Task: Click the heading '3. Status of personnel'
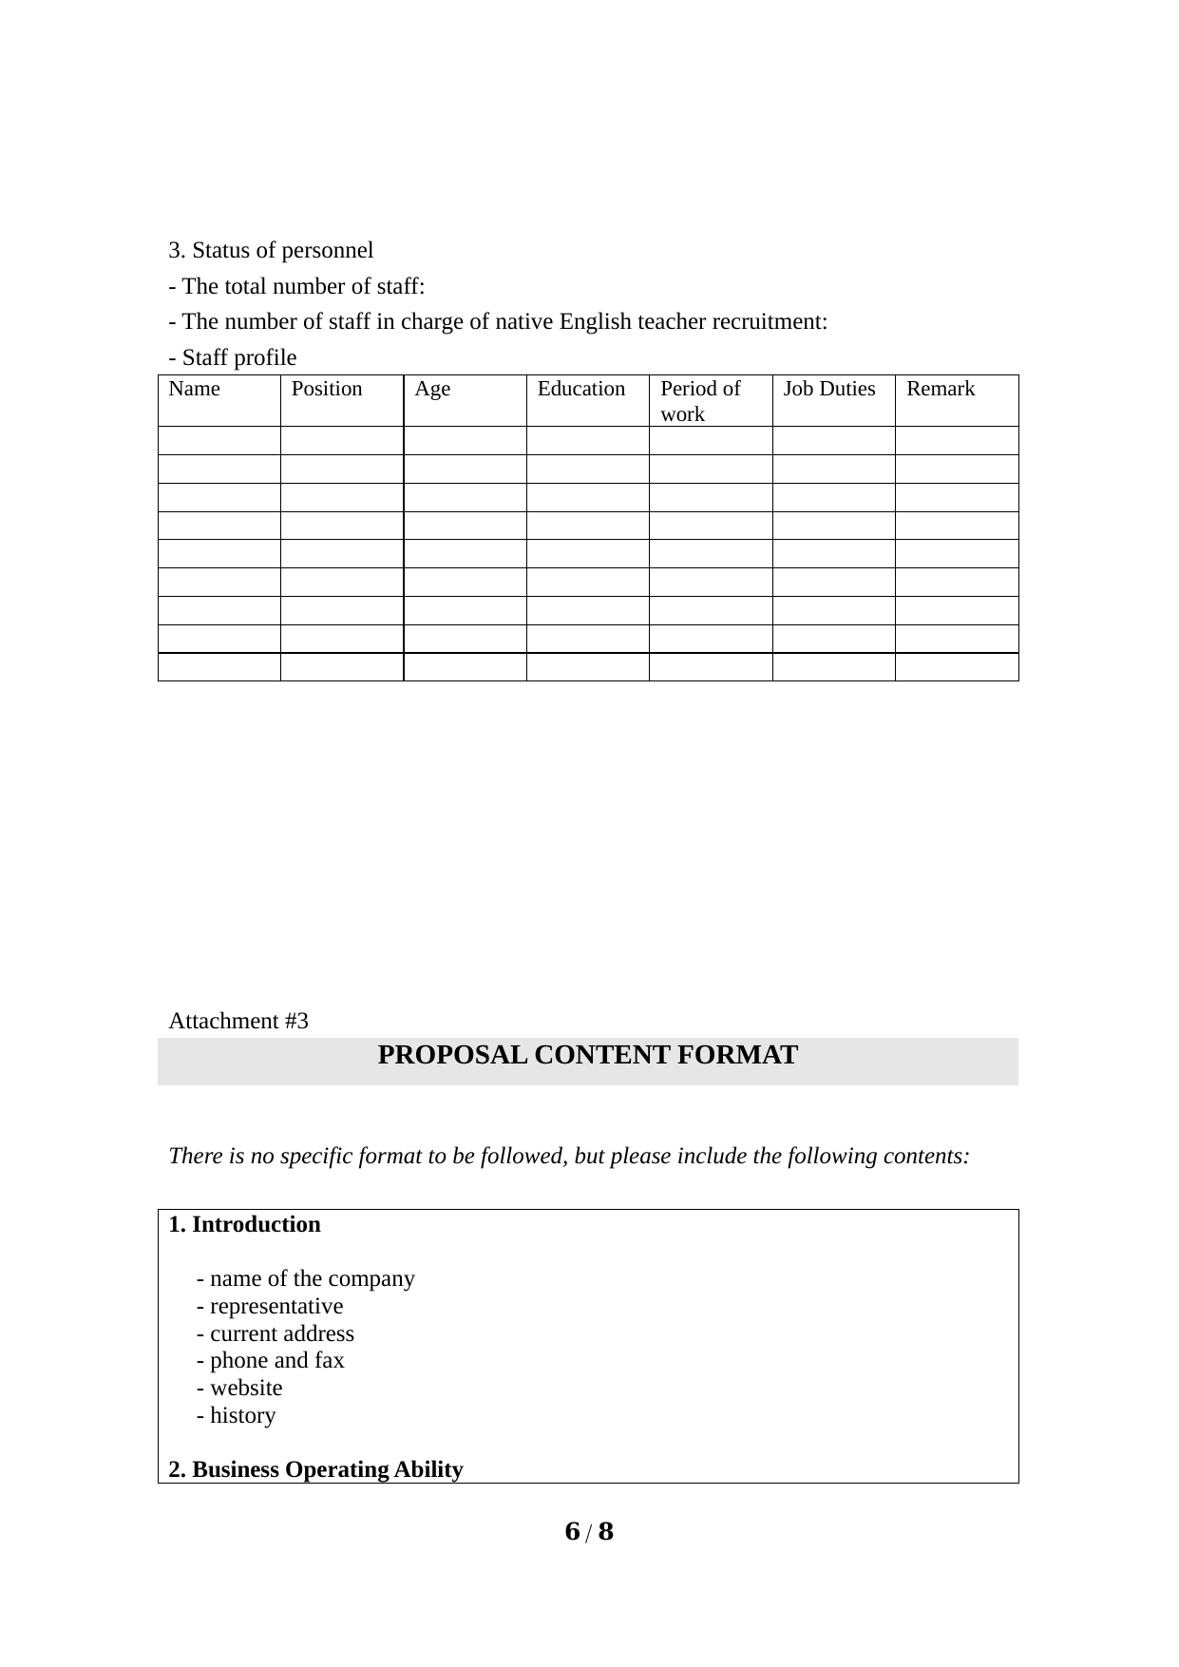point(271,250)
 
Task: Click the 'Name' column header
point(194,389)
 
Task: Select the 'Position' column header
point(327,389)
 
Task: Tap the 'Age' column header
point(432,389)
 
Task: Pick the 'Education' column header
point(581,389)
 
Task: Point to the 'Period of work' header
point(700,400)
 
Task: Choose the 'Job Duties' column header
point(829,389)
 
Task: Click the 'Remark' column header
point(941,389)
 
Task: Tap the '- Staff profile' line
point(233,357)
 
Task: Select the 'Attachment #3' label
point(238,1021)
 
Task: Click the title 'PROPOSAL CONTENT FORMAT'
point(587,1056)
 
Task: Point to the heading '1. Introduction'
point(245,1224)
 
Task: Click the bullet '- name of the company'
point(306,1278)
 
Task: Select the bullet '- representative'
point(270,1306)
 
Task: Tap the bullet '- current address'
point(276,1333)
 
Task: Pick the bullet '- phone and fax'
point(271,1360)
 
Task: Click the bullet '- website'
point(239,1388)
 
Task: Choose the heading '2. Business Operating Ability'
point(316,1469)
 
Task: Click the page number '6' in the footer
point(572,1532)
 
